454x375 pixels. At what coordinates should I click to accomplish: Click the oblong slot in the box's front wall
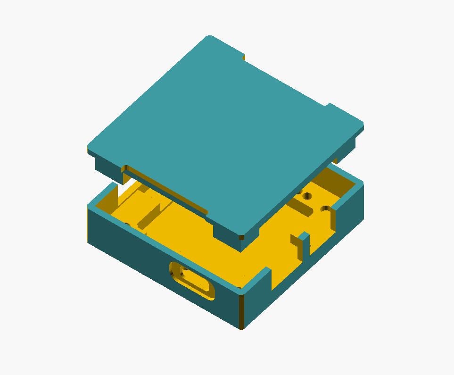(192, 281)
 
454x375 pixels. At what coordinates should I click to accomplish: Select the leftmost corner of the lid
(89, 147)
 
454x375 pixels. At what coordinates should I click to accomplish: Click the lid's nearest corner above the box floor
(242, 236)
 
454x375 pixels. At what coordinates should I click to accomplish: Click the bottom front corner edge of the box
(242, 311)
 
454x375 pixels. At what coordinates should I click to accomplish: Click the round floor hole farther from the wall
(307, 196)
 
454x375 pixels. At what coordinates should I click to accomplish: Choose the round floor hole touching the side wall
(325, 208)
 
